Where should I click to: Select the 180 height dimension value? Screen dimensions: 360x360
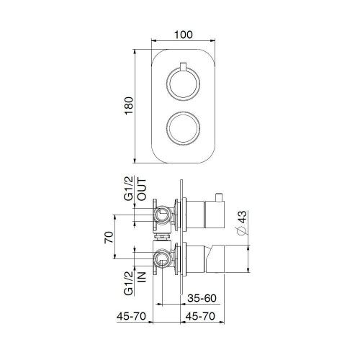click(129, 105)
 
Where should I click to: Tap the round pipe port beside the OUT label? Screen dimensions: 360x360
click(164, 214)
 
